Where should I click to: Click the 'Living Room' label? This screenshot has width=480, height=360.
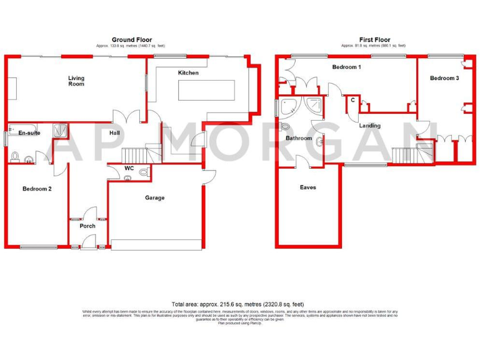coord(76,81)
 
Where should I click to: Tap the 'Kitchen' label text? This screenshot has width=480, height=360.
coord(188,73)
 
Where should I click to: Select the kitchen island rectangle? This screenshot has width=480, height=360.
coord(207,89)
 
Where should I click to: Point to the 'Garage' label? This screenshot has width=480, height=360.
coord(155,198)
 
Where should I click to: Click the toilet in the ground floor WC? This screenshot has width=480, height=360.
coord(144,172)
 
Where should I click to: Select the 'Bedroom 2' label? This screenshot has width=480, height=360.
coord(37,189)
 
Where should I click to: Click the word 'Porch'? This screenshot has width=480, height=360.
coord(87,226)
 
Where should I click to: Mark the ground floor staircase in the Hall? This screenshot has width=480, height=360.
coord(133,154)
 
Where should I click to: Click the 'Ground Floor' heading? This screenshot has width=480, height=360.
coord(131,40)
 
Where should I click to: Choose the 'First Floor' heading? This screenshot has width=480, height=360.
coord(373,40)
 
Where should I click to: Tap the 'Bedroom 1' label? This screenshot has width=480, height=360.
coord(346,67)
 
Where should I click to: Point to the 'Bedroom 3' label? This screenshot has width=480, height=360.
coord(444,78)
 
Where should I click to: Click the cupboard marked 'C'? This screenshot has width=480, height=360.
coord(352,100)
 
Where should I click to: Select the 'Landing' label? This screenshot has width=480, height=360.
coord(369,126)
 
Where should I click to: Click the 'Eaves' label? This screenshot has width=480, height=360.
coord(307,187)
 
